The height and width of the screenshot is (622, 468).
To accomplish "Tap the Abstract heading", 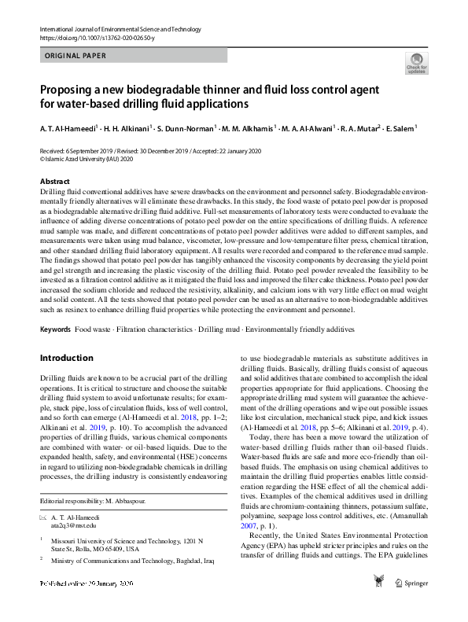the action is (54, 181).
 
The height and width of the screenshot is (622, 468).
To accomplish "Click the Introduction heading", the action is (66, 358).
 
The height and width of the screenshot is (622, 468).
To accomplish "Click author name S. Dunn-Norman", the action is (188, 127).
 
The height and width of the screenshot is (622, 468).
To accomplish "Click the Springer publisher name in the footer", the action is (415, 605).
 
